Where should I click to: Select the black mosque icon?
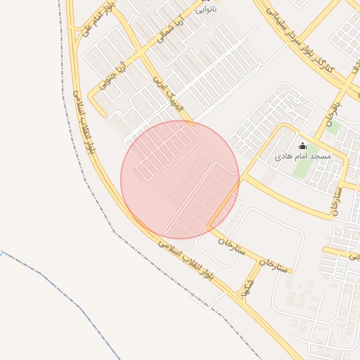pyautogui.click(x=303, y=146)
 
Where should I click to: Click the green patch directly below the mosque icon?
pyautogui.click(x=302, y=169)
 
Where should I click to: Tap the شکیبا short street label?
pyautogui.click(x=245, y=286)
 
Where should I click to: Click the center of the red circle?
pyautogui.click(x=180, y=180)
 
